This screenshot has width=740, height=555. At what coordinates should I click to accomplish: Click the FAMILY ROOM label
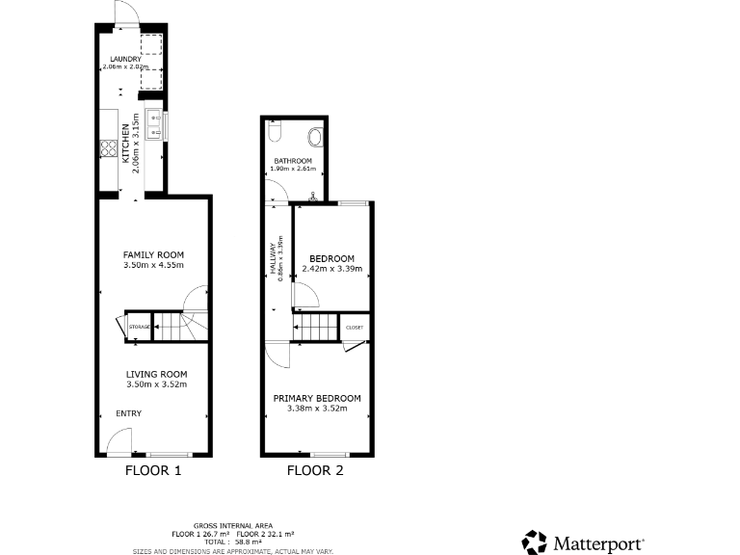coord(153,255)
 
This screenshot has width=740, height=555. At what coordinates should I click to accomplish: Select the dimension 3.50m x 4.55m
coord(153,266)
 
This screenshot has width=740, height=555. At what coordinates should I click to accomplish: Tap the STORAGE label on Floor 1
coord(140,328)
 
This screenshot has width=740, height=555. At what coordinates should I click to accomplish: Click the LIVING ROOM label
coord(156,374)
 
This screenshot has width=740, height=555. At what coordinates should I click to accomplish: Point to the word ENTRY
coord(129,413)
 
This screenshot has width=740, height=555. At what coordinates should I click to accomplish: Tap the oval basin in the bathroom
coord(314,135)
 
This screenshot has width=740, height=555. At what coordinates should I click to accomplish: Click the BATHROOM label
coord(292,160)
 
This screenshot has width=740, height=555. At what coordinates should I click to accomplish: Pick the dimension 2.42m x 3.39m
coord(331,269)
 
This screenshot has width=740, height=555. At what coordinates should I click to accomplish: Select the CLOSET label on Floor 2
coord(355,328)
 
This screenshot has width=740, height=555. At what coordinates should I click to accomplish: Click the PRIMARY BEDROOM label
coord(317,398)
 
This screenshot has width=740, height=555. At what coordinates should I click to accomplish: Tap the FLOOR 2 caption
coord(315,471)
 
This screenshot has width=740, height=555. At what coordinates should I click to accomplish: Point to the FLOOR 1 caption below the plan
coord(153,471)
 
